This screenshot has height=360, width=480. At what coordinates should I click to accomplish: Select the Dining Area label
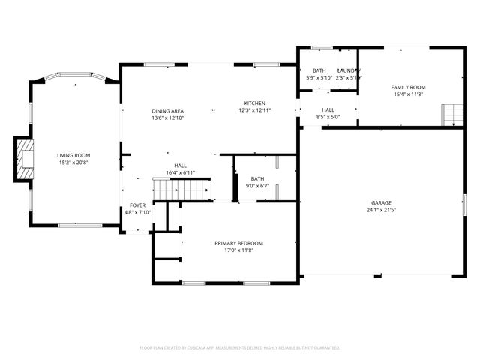[x=168, y=110]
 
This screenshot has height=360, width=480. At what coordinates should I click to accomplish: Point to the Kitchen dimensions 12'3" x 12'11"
[x=254, y=110]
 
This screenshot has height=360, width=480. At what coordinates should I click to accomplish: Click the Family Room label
[x=408, y=87]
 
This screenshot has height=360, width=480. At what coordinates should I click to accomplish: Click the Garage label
[x=381, y=203]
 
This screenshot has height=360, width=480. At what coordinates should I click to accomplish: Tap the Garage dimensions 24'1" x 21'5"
[x=381, y=211]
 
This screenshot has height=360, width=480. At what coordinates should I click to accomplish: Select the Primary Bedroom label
[x=238, y=243]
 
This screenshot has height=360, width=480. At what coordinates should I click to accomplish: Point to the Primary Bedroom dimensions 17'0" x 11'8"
[x=238, y=250]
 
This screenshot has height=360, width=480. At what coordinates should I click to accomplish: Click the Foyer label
[x=137, y=205]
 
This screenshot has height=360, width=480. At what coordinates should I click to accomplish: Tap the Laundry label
[x=349, y=70]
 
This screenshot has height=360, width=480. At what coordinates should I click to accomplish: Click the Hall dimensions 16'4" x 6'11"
[x=180, y=172]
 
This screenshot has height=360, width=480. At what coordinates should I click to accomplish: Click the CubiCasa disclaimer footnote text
[x=240, y=347]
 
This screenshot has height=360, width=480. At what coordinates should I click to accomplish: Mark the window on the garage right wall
[x=464, y=203]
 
